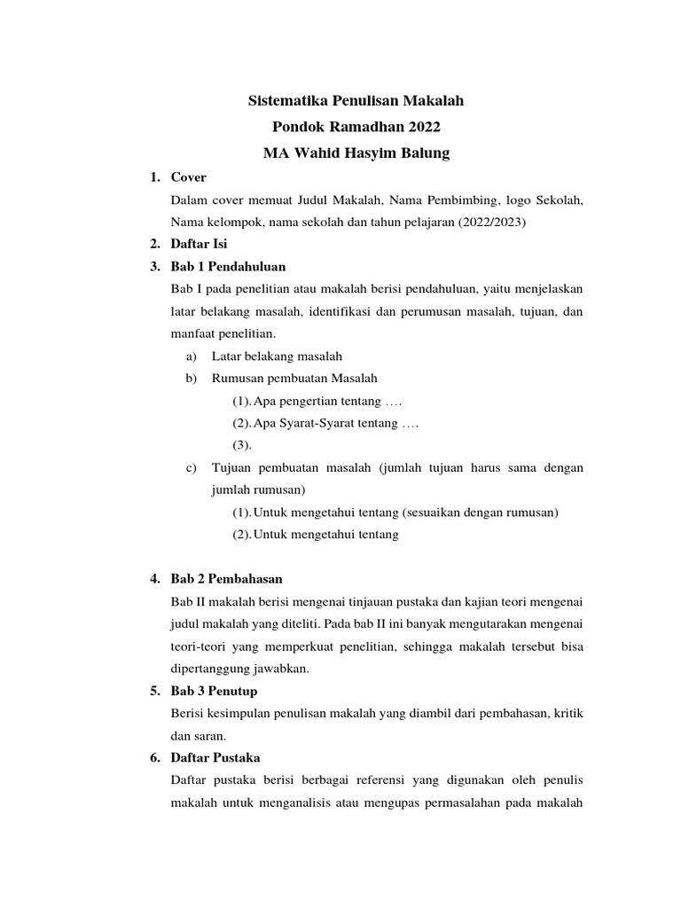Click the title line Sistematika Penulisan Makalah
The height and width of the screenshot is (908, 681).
tap(355, 102)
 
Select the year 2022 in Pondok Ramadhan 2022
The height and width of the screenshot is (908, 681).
tap(419, 128)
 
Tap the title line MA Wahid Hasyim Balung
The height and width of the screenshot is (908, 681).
tap(356, 153)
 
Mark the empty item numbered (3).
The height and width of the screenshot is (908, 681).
tap(242, 445)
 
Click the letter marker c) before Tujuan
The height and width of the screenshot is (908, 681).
tap(191, 467)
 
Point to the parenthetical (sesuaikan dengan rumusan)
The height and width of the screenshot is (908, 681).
tap(483, 512)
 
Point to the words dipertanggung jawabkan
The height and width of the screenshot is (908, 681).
tap(239, 669)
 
